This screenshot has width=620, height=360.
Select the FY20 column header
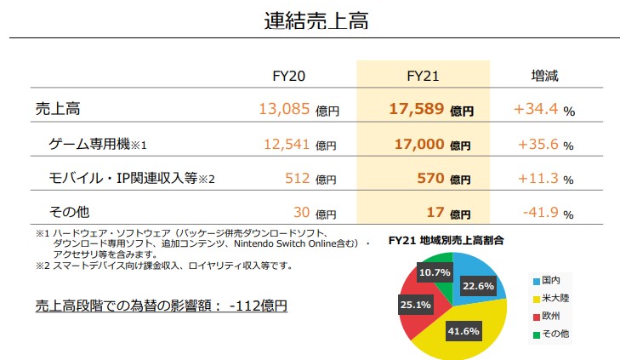[287, 76]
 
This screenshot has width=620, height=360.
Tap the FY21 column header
[422, 76]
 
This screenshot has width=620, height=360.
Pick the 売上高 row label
[59, 110]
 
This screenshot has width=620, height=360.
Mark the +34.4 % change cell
[543, 110]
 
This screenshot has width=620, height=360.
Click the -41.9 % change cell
[543, 212]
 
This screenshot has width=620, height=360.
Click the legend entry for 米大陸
[554, 299]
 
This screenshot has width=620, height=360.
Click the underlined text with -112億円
[162, 304]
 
